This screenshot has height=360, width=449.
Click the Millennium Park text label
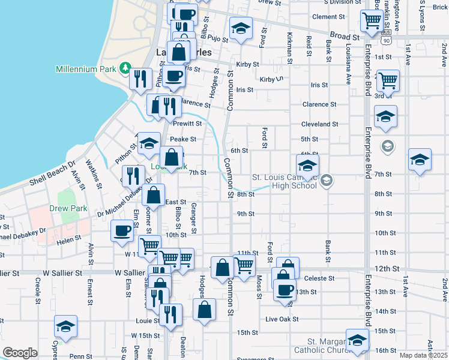coord(85,69)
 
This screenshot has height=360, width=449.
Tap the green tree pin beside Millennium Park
coord(125,67)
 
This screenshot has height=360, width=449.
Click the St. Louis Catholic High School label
coord(284,181)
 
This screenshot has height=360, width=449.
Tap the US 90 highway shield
coord(385,38)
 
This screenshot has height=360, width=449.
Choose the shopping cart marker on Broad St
coord(372,21)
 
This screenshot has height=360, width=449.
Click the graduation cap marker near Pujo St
coord(241,29)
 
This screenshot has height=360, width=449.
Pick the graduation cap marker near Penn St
coord(65,327)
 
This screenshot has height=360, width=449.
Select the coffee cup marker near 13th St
coord(285,290)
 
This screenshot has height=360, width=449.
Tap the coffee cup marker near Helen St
coord(122,232)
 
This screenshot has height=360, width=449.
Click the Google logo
coord(20,353)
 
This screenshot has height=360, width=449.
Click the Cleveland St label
coord(320,124)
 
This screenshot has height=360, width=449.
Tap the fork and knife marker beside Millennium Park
coord(140,79)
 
